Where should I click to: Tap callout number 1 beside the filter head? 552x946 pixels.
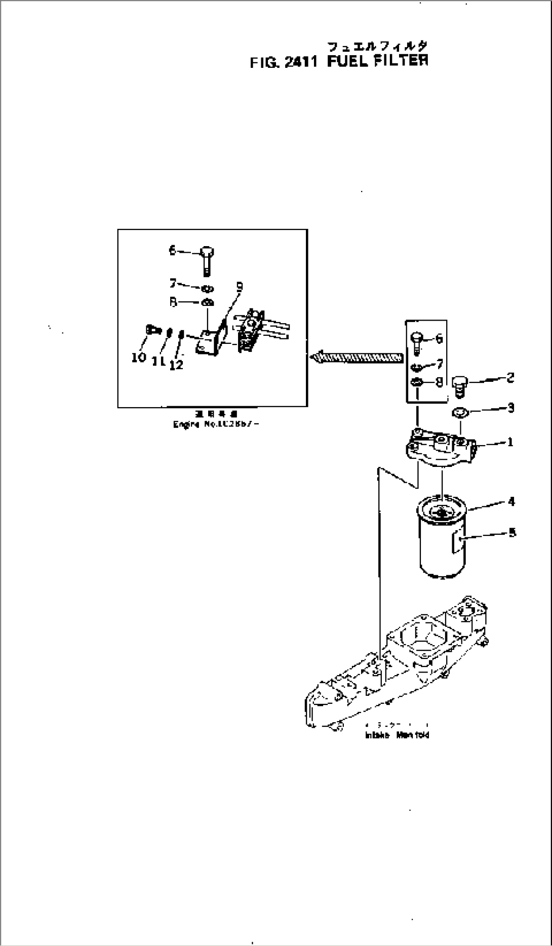tap(510, 442)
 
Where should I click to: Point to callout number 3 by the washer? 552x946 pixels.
tap(510, 407)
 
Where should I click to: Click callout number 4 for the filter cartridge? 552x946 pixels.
tap(511, 501)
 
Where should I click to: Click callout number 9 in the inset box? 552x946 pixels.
tap(240, 287)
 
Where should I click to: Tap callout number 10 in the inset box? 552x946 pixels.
tap(138, 358)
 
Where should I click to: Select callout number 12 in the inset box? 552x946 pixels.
tap(176, 364)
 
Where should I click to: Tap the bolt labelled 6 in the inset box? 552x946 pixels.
tap(206, 259)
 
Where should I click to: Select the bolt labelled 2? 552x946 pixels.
tap(459, 385)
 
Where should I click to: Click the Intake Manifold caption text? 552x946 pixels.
tap(397, 735)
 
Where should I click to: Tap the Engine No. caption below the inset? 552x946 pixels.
tap(216, 424)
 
